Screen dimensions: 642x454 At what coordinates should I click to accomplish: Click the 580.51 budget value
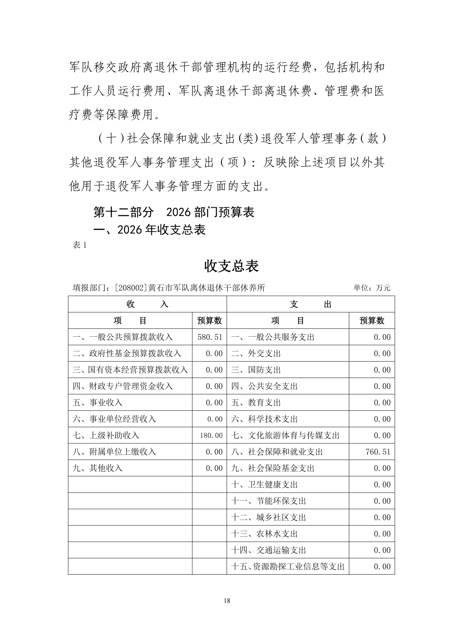tap(210, 337)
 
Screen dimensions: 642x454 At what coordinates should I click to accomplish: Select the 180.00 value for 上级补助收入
tap(211, 435)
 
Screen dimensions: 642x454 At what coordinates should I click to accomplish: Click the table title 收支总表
tap(231, 266)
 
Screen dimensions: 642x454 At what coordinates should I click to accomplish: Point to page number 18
tap(227, 600)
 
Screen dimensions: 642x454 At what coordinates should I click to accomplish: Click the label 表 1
tap(79, 245)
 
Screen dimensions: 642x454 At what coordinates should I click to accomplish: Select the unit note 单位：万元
tap(372, 288)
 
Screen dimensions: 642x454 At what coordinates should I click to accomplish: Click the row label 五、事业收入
tap(97, 403)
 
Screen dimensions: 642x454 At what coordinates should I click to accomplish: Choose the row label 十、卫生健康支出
tap(264, 485)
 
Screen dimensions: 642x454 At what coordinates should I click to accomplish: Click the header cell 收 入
tap(147, 304)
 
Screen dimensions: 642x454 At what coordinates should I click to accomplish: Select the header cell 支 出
tap(310, 304)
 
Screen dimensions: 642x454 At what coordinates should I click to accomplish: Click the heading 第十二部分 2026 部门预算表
tap(174, 212)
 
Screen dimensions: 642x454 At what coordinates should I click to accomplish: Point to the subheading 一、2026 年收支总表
tap(149, 230)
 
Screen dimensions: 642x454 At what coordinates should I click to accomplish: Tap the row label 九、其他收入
tap(97, 468)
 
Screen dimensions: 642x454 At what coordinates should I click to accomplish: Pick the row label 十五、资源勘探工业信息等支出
tap(288, 566)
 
